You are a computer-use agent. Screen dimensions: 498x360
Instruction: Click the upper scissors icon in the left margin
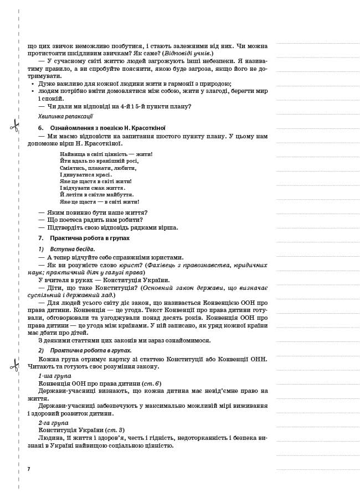(14, 126)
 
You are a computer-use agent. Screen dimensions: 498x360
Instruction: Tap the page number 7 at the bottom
(29, 469)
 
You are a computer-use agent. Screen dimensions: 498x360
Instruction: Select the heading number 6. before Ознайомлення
(41, 128)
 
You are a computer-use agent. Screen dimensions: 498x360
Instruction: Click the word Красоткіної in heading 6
(150, 128)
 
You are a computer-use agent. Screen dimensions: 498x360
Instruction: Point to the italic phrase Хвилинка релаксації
(65, 116)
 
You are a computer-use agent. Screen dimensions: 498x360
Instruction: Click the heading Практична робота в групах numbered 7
(90, 238)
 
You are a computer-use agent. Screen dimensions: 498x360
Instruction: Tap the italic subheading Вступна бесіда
(72, 249)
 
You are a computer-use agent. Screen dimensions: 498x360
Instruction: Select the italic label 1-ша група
(55, 376)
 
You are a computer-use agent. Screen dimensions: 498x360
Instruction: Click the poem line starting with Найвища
(106, 154)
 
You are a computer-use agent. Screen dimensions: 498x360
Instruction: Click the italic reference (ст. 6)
(151, 383)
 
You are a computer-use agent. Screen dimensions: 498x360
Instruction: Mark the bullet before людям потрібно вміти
(33, 91)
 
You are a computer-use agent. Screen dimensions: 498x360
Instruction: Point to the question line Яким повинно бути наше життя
(92, 212)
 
